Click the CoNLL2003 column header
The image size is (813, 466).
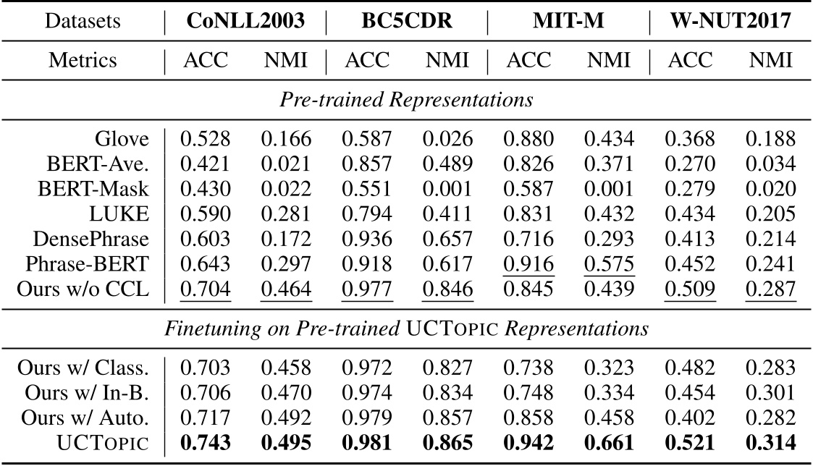[x=245, y=20]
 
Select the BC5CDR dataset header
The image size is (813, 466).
[x=406, y=20]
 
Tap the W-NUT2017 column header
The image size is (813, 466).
[x=729, y=20]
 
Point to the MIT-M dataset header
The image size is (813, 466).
[x=568, y=20]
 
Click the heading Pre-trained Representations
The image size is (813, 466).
[x=406, y=100]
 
